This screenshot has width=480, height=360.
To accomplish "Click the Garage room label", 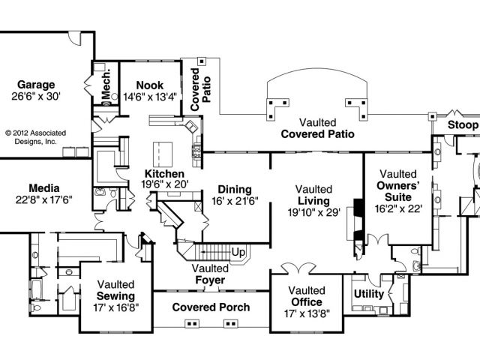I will click(x=35, y=84).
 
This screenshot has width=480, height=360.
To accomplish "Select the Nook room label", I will click(x=150, y=84).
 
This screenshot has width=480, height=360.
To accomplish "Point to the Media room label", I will click(x=43, y=187).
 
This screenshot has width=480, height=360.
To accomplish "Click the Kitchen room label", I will click(x=163, y=173).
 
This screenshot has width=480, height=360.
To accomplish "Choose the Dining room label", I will click(x=234, y=189).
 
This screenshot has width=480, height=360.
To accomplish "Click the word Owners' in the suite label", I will click(x=397, y=185).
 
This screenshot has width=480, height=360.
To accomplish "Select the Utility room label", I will click(x=369, y=294).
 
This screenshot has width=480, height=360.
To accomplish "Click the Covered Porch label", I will click(x=210, y=307).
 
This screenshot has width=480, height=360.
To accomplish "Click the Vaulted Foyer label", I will click(x=209, y=274).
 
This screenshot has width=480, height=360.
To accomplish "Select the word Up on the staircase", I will click(x=239, y=251).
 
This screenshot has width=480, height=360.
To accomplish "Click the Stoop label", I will click(x=462, y=124).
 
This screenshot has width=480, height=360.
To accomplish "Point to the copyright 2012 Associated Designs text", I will click(x=35, y=136).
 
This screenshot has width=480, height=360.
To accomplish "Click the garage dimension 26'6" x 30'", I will click(x=35, y=96).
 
